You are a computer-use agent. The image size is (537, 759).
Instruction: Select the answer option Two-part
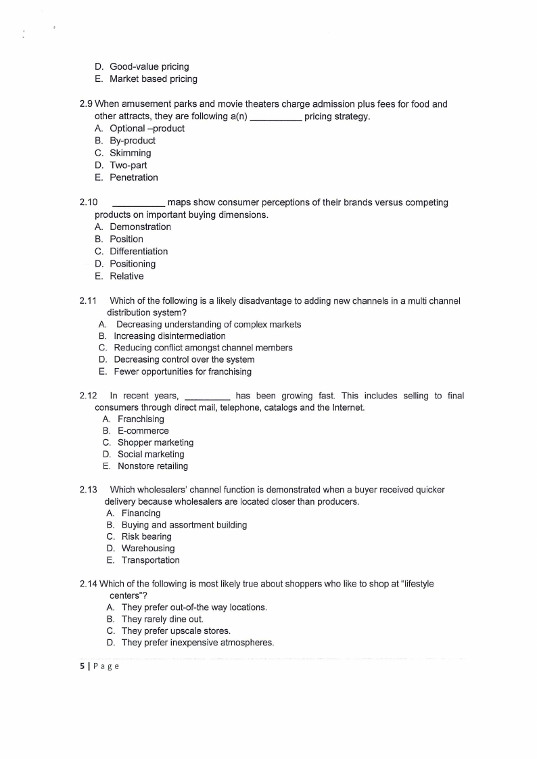click(128, 165)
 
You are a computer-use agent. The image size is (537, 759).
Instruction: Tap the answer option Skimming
click(130, 153)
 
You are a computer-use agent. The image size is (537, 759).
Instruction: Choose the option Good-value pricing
click(149, 66)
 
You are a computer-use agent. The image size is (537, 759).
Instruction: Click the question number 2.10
click(89, 202)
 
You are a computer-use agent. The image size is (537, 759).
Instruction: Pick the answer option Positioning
click(132, 264)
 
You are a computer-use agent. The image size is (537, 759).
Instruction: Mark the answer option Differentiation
click(139, 252)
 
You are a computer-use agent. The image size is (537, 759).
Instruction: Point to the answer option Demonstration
click(140, 227)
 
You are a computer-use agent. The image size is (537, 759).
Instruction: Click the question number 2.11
click(89, 300)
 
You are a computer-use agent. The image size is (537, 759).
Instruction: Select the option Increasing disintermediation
click(169, 336)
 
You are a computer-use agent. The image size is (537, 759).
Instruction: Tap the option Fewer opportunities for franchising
click(182, 371)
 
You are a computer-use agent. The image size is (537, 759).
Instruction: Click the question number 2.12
click(89, 396)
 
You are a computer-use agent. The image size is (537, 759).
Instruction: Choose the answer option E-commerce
click(143, 431)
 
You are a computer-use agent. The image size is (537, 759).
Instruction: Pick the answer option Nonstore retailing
click(152, 466)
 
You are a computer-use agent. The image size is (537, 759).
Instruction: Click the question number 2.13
click(89, 490)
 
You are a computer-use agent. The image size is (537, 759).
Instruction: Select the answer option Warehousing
click(147, 549)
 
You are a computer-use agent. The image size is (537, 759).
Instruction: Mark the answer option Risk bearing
click(146, 536)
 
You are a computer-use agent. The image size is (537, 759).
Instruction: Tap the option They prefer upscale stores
click(175, 631)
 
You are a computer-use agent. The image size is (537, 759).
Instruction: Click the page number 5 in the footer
click(82, 666)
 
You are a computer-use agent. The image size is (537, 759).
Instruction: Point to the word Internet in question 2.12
click(347, 408)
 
